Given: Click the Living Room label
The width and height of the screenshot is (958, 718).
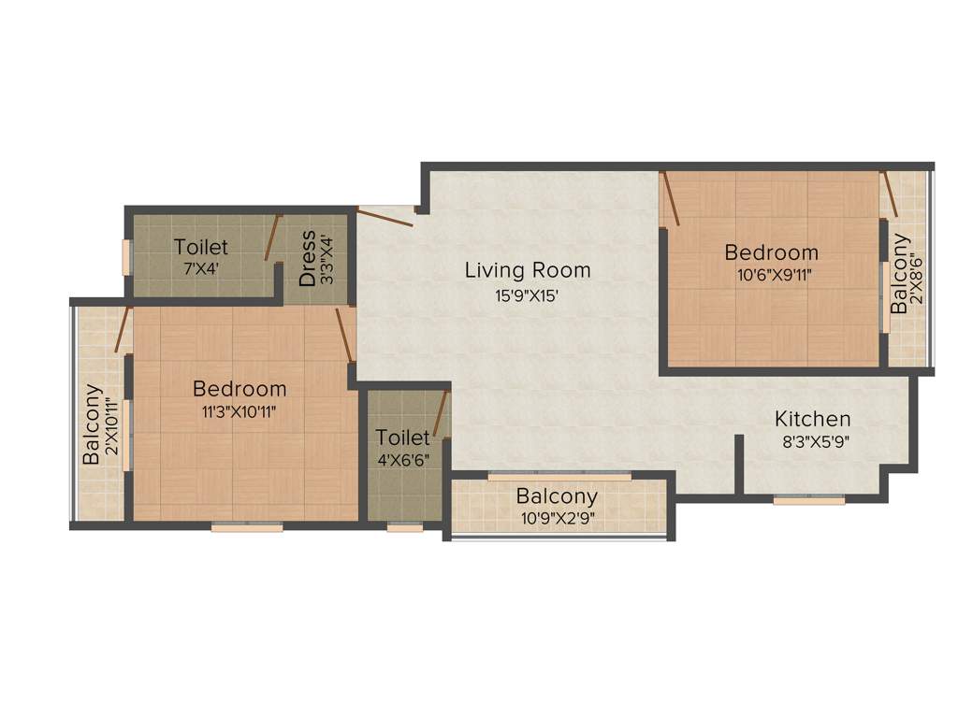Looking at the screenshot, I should pyautogui.click(x=528, y=270).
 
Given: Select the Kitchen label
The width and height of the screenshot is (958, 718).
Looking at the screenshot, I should pyautogui.click(x=812, y=418).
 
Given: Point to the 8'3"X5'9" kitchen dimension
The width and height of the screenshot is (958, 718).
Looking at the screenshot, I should pyautogui.click(x=812, y=442).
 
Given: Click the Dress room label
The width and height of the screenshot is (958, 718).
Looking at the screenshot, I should pyautogui.click(x=307, y=258).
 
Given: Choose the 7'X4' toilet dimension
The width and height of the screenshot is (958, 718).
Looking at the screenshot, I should pyautogui.click(x=200, y=266).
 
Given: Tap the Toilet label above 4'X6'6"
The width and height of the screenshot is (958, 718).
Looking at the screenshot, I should pyautogui.click(x=403, y=437).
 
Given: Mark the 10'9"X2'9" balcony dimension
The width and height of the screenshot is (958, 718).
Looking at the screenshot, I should pyautogui.click(x=557, y=518).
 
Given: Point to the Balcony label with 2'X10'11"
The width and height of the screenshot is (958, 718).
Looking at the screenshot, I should pyautogui.click(x=92, y=424).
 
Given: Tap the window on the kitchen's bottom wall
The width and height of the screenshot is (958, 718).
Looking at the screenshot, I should pyautogui.click(x=808, y=500).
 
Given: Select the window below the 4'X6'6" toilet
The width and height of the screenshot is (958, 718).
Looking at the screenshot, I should pyautogui.click(x=405, y=527).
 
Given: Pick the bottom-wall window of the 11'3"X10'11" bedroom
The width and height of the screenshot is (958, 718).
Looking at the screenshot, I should pyautogui.click(x=247, y=527).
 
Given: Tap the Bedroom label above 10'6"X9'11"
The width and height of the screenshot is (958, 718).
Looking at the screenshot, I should pyautogui.click(x=771, y=251).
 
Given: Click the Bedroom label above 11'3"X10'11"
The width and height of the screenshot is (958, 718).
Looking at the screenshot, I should pyautogui.click(x=239, y=388).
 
